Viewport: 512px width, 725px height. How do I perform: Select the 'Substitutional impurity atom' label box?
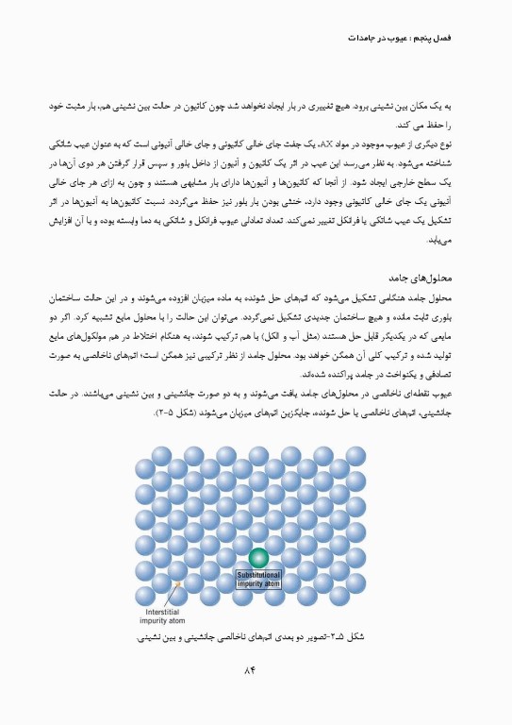coord(258,579)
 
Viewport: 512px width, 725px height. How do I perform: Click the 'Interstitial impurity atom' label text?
coord(164,617)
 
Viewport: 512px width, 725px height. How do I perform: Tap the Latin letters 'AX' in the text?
coord(329,145)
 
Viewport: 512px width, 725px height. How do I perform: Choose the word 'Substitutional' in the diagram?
coord(258,575)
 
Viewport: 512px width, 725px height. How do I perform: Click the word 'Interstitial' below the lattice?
coord(160,613)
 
